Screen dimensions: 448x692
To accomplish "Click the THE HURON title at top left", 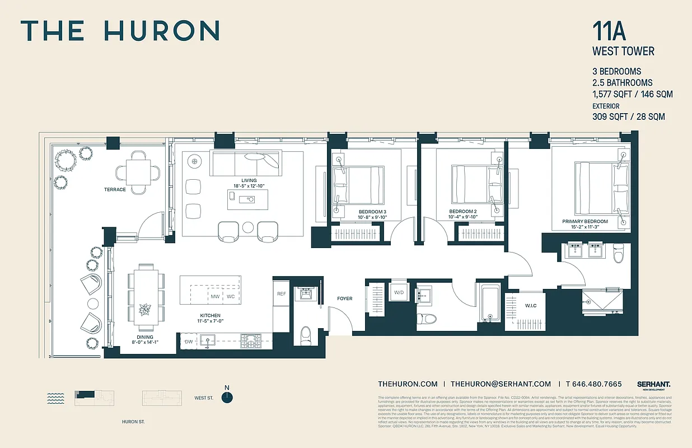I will [120, 31].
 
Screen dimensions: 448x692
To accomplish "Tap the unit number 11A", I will [610, 31].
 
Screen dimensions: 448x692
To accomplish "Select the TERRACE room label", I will [115, 190].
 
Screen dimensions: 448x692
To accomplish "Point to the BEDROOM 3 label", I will [372, 212].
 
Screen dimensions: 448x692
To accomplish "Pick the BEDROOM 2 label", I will [462, 212].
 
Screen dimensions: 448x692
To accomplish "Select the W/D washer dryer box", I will [399, 292].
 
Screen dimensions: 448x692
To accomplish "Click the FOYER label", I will [345, 298].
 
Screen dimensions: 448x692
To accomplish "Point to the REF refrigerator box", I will [281, 293].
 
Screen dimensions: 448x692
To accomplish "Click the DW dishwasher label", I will [189, 341].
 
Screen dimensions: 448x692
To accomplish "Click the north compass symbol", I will [227, 397].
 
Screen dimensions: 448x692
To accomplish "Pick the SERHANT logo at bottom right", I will [653, 385].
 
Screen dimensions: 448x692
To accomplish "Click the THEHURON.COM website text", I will [408, 384].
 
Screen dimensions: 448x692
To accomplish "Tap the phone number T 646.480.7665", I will [593, 384].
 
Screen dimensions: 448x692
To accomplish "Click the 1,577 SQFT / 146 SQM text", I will [632, 94].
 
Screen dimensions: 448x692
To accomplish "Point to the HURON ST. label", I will [133, 422].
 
